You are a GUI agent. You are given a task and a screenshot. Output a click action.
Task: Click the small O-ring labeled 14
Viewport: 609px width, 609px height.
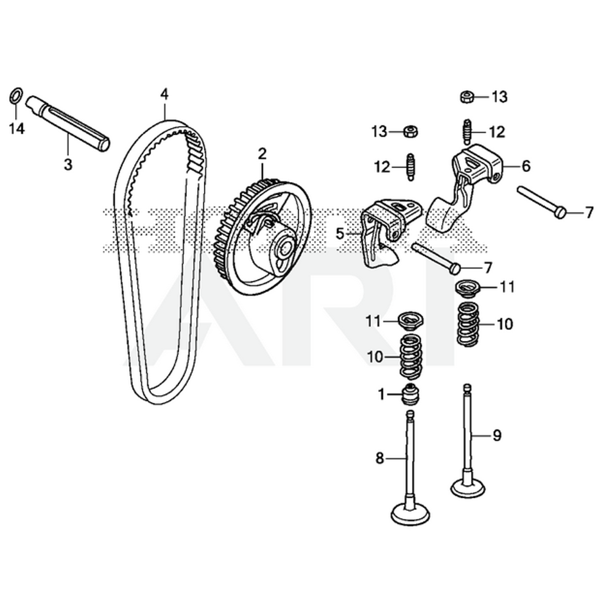[17, 96]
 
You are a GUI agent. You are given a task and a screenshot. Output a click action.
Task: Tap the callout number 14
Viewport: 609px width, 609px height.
[17, 128]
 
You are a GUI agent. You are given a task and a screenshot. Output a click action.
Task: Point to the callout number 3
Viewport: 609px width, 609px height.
[68, 164]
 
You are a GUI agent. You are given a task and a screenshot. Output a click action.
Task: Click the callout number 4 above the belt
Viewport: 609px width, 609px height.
[164, 94]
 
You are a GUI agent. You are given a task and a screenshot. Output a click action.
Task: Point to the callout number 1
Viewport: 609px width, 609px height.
[382, 395]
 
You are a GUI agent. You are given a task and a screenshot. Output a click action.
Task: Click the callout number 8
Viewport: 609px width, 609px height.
[380, 459]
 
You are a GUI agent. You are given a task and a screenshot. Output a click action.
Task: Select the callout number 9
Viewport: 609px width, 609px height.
[497, 435]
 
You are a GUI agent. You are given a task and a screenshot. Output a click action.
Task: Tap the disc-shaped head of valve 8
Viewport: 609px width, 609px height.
[410, 515]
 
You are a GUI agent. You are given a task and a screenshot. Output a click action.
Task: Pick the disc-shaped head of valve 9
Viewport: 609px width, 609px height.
[467, 487]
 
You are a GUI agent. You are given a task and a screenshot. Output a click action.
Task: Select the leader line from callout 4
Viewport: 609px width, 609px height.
[164, 110]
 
